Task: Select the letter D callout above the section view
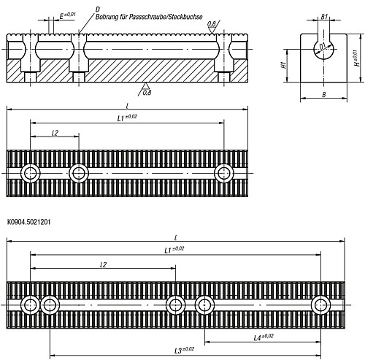(x=97, y=7)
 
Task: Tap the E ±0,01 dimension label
(x=64, y=14)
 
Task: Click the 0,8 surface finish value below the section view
(x=147, y=93)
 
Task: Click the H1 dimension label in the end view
(x=283, y=65)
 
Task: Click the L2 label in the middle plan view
(x=55, y=133)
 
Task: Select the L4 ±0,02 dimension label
(x=263, y=337)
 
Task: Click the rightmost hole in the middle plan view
(x=223, y=172)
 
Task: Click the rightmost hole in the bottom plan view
(x=320, y=304)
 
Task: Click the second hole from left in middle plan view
(x=79, y=172)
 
